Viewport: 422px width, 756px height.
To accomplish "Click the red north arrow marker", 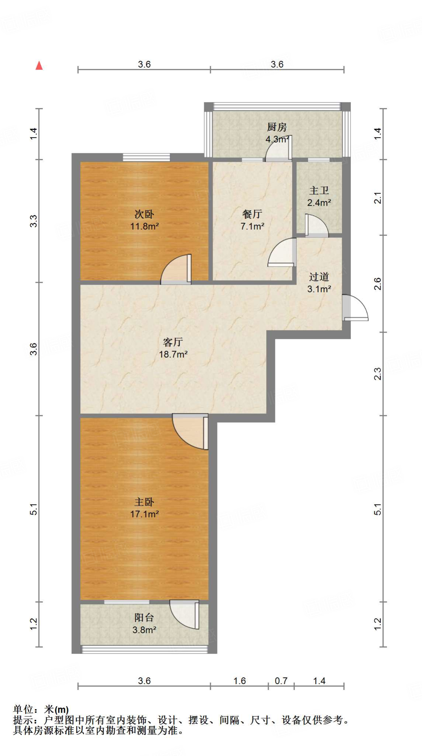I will (x=39, y=66).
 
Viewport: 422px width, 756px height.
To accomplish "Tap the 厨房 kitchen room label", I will (x=277, y=127).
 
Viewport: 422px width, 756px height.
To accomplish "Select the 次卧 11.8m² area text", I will (x=144, y=226).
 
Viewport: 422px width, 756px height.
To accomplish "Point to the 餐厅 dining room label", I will (x=252, y=214).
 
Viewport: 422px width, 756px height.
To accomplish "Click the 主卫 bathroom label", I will (x=319, y=190).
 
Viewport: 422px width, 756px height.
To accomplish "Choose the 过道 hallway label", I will (x=319, y=277).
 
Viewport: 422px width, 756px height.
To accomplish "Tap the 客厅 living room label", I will (x=173, y=342).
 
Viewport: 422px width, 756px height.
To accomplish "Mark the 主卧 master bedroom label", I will (x=144, y=502).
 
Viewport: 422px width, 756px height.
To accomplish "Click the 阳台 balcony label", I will (x=144, y=618).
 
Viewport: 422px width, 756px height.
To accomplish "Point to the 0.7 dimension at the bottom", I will (x=281, y=680).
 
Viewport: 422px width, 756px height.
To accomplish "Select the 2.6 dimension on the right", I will (x=377, y=284).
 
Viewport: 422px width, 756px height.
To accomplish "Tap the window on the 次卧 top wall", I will (x=146, y=158).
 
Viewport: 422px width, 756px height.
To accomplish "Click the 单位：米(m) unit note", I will (x=41, y=709).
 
